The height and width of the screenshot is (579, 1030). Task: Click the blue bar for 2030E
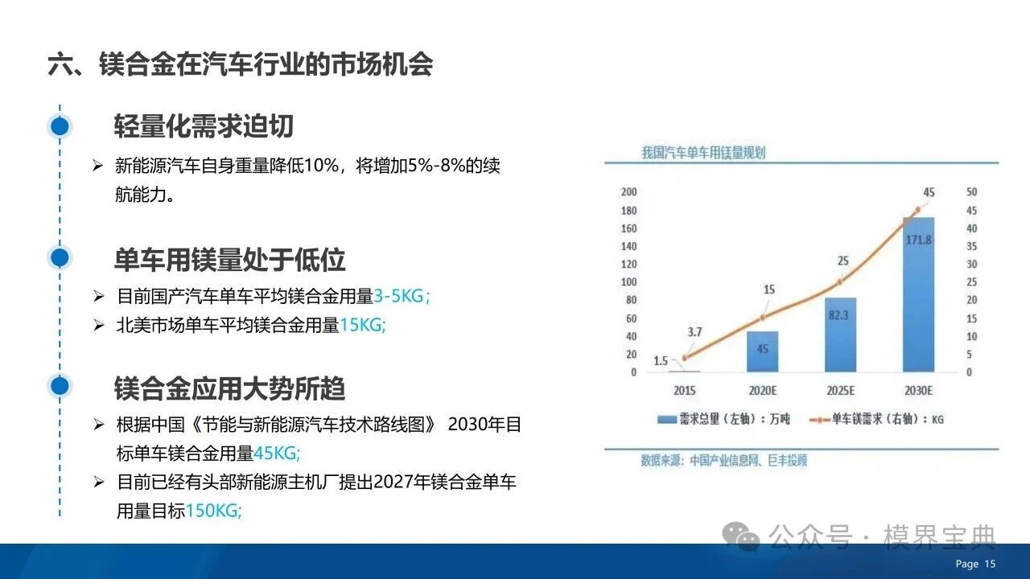click(x=918, y=294)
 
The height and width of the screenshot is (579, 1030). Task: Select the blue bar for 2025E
click(x=840, y=335)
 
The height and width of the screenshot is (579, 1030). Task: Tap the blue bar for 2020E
click(x=762, y=351)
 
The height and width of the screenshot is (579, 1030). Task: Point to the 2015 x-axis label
click(x=684, y=391)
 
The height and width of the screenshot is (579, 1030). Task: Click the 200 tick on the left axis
click(x=628, y=191)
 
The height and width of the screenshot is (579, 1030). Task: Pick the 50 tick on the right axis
click(x=971, y=191)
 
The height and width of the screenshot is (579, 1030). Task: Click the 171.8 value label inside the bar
click(x=918, y=240)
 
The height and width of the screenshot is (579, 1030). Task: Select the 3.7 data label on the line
click(x=694, y=332)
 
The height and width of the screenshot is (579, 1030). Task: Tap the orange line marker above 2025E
click(x=839, y=281)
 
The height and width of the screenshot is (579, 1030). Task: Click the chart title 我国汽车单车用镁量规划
click(x=703, y=153)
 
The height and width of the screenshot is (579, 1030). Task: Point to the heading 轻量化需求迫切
click(x=204, y=126)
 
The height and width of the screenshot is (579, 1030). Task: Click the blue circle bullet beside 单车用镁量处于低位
click(x=60, y=257)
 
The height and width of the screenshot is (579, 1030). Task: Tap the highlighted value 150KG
click(x=214, y=511)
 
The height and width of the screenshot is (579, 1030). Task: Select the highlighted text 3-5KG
click(x=402, y=296)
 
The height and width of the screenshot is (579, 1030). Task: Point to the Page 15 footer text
click(x=975, y=564)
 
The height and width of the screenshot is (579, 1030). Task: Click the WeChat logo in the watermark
click(x=740, y=536)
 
